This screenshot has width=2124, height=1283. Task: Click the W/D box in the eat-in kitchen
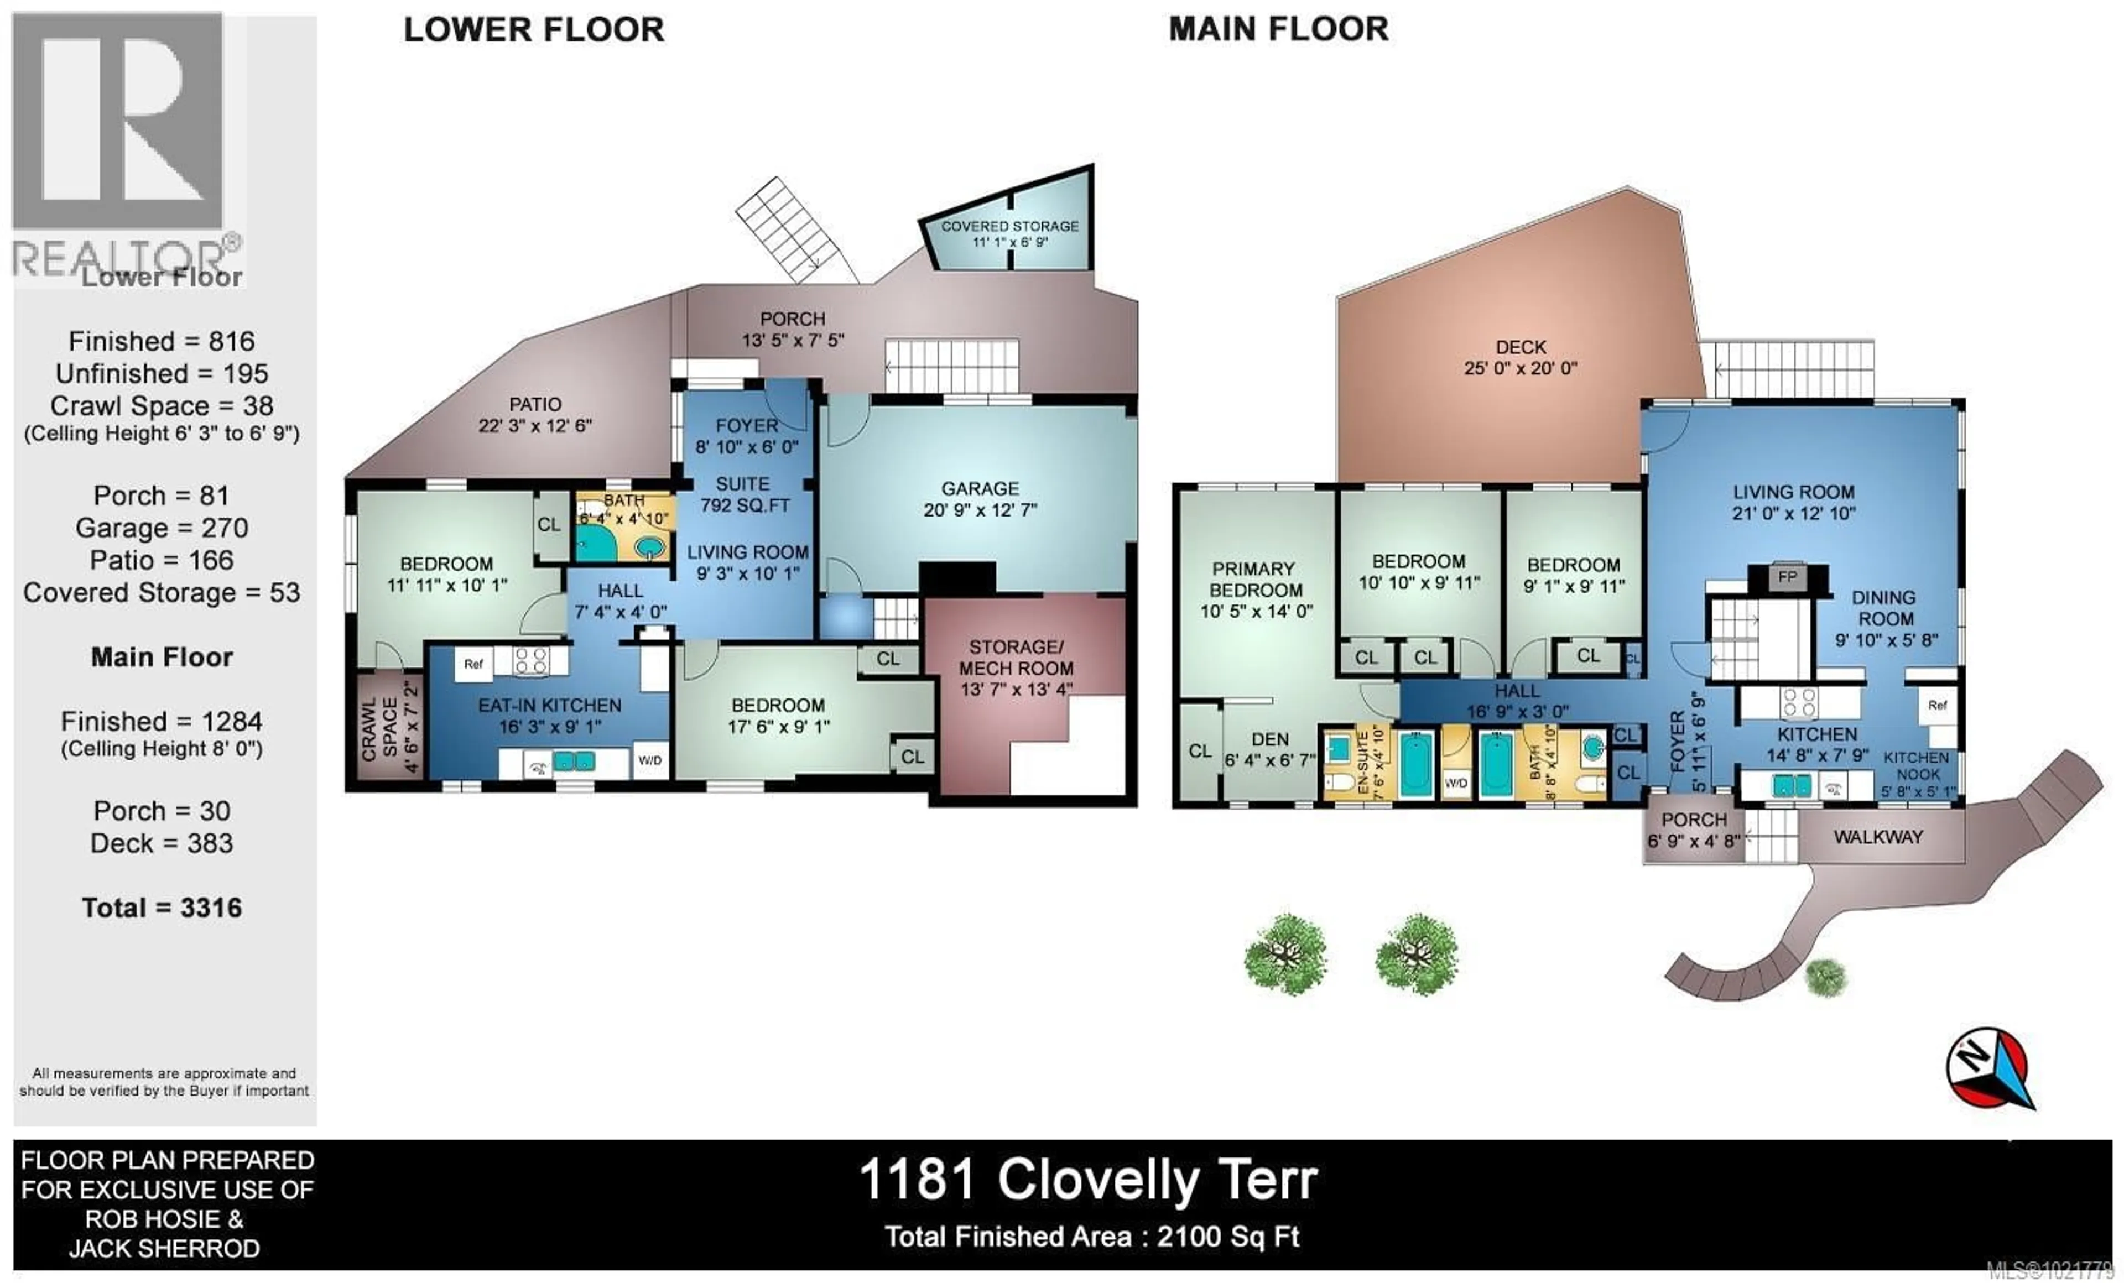click(x=649, y=760)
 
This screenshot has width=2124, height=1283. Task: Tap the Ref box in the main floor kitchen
click(x=1938, y=705)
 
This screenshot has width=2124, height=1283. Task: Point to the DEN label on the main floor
click(x=1270, y=739)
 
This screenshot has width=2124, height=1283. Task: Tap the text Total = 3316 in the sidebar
click(x=162, y=908)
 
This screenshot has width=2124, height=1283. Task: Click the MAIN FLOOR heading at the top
click(x=1278, y=29)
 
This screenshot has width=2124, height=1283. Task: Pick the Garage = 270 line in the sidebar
click(x=162, y=528)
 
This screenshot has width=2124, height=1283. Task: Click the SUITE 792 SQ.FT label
click(x=744, y=494)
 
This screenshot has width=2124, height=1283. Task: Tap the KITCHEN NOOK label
click(x=1916, y=765)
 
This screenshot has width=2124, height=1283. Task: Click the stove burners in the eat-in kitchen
click(x=530, y=661)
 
